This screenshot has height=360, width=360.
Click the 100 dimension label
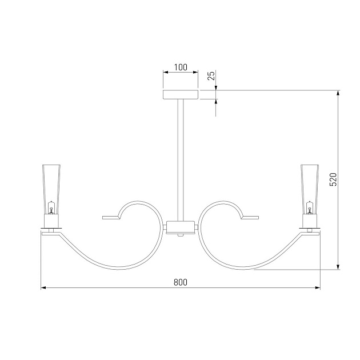[x=181, y=67]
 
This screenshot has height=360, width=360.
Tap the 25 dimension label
[x=211, y=75]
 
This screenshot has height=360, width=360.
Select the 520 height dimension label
[x=333, y=179]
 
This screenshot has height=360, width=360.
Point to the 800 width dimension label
[x=181, y=282]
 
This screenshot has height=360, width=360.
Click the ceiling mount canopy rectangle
[x=181, y=95]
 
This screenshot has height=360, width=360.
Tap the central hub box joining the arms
[x=181, y=227]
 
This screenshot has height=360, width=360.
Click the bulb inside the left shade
[x=51, y=207]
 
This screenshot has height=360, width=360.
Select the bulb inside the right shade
[x=310, y=207]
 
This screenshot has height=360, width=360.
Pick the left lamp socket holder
[x=51, y=221]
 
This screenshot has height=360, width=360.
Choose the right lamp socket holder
[x=310, y=221]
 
